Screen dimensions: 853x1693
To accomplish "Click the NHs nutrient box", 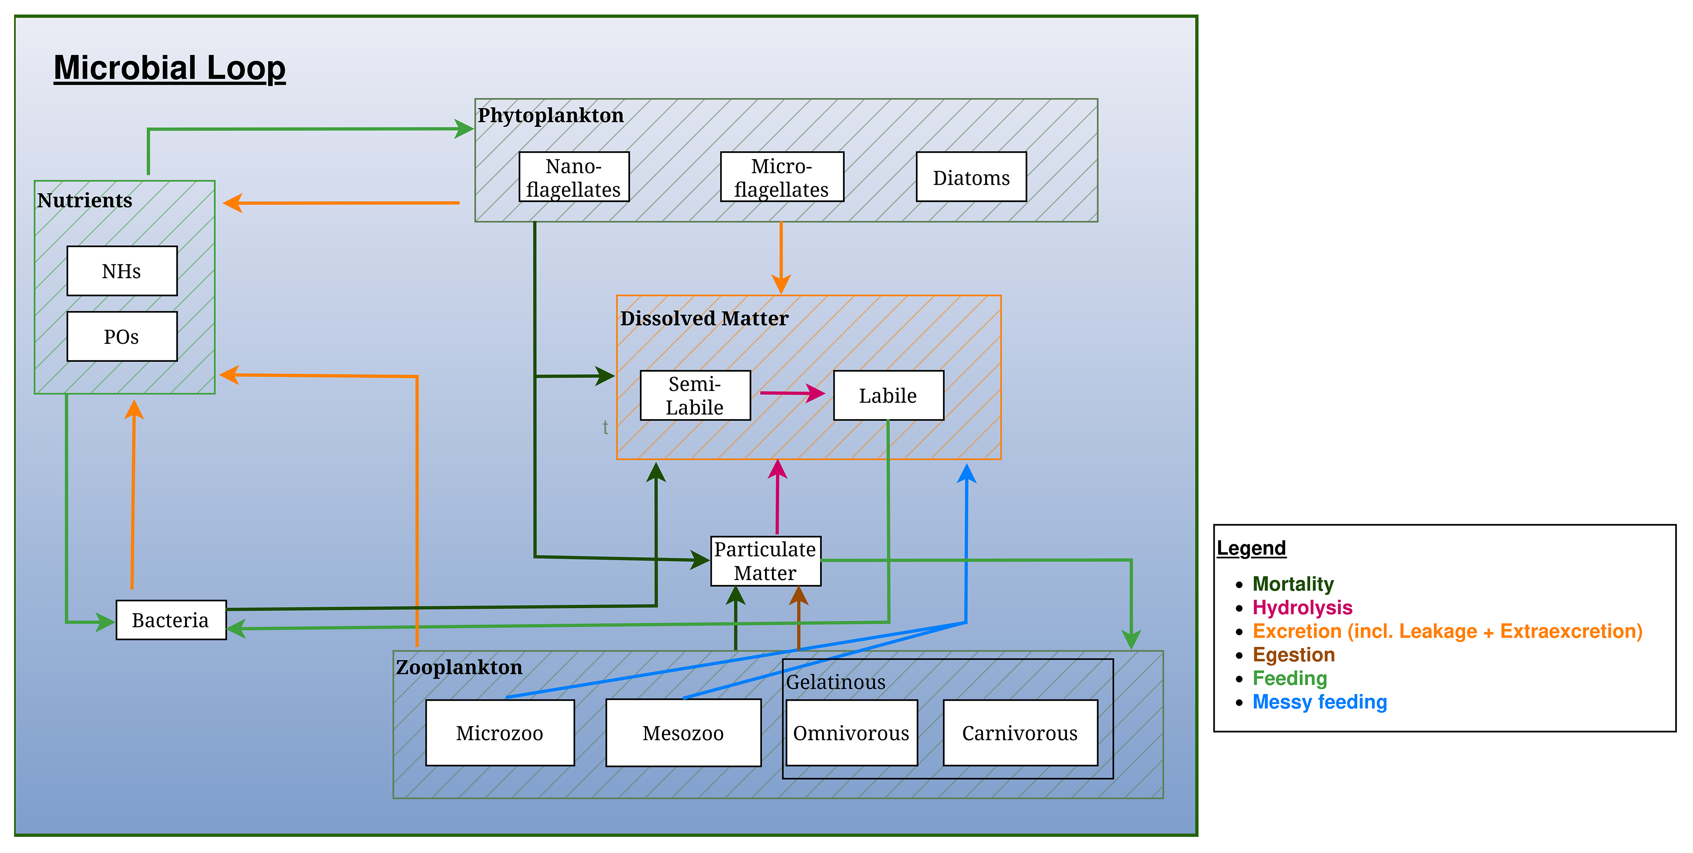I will pyautogui.click(x=122, y=271).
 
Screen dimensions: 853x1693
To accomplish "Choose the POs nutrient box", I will pyautogui.click(x=122, y=337).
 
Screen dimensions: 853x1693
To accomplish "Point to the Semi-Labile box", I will pyautogui.click(x=695, y=395).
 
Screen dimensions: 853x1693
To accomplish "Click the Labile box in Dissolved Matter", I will pyautogui.click(x=888, y=395).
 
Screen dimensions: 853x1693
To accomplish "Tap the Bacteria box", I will pyautogui.click(x=171, y=620).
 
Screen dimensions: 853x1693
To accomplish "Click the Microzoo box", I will pyautogui.click(x=500, y=733).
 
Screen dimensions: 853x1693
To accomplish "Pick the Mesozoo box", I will pyautogui.click(x=683, y=733).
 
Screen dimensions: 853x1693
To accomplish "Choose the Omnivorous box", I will pyautogui.click(x=851, y=733).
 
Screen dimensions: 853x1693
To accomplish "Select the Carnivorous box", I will pyautogui.click(x=1020, y=733).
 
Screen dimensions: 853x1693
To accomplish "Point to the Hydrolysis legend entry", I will pyautogui.click(x=1302, y=607).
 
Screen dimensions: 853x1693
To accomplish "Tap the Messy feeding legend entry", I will pyautogui.click(x=1319, y=702).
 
